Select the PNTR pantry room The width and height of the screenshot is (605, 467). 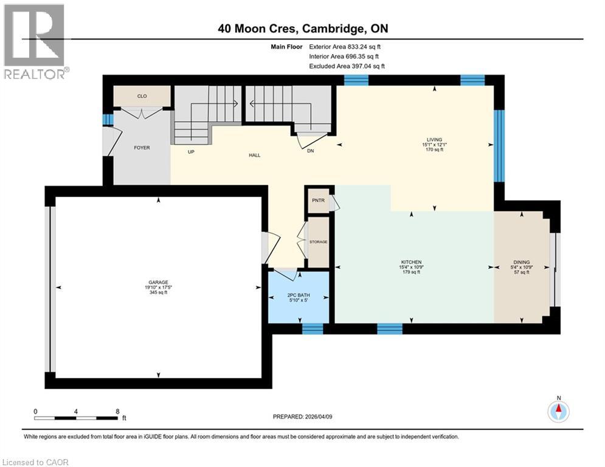[317, 200]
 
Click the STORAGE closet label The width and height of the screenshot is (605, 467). [318, 242]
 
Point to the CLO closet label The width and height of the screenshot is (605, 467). [142, 96]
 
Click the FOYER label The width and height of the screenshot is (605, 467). [142, 148]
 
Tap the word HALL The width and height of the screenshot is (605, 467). [254, 156]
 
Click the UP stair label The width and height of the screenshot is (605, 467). [191, 152]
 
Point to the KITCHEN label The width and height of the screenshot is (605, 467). [412, 263]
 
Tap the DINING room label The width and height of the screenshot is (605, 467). [521, 263]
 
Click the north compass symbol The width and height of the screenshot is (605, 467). [558, 412]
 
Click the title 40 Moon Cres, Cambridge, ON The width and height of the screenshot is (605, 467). [302, 29]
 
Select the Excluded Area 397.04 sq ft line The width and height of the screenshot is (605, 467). [347, 66]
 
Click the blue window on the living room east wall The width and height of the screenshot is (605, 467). [499, 145]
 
